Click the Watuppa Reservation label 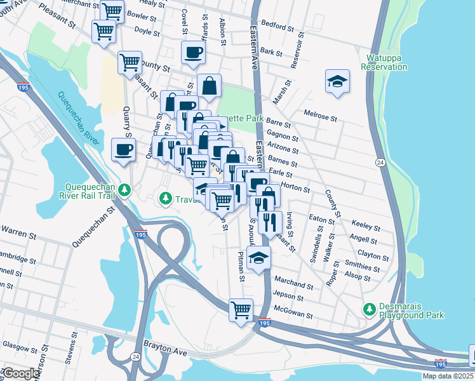[x=384, y=62]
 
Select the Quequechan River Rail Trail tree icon [x=126, y=190]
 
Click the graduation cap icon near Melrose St [x=338, y=81]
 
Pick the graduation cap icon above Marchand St [x=259, y=257]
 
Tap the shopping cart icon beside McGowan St [x=241, y=310]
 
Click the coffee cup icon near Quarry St [x=123, y=150]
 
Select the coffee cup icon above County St [x=194, y=52]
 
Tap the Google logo [x=20, y=373]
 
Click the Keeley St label [x=365, y=227]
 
